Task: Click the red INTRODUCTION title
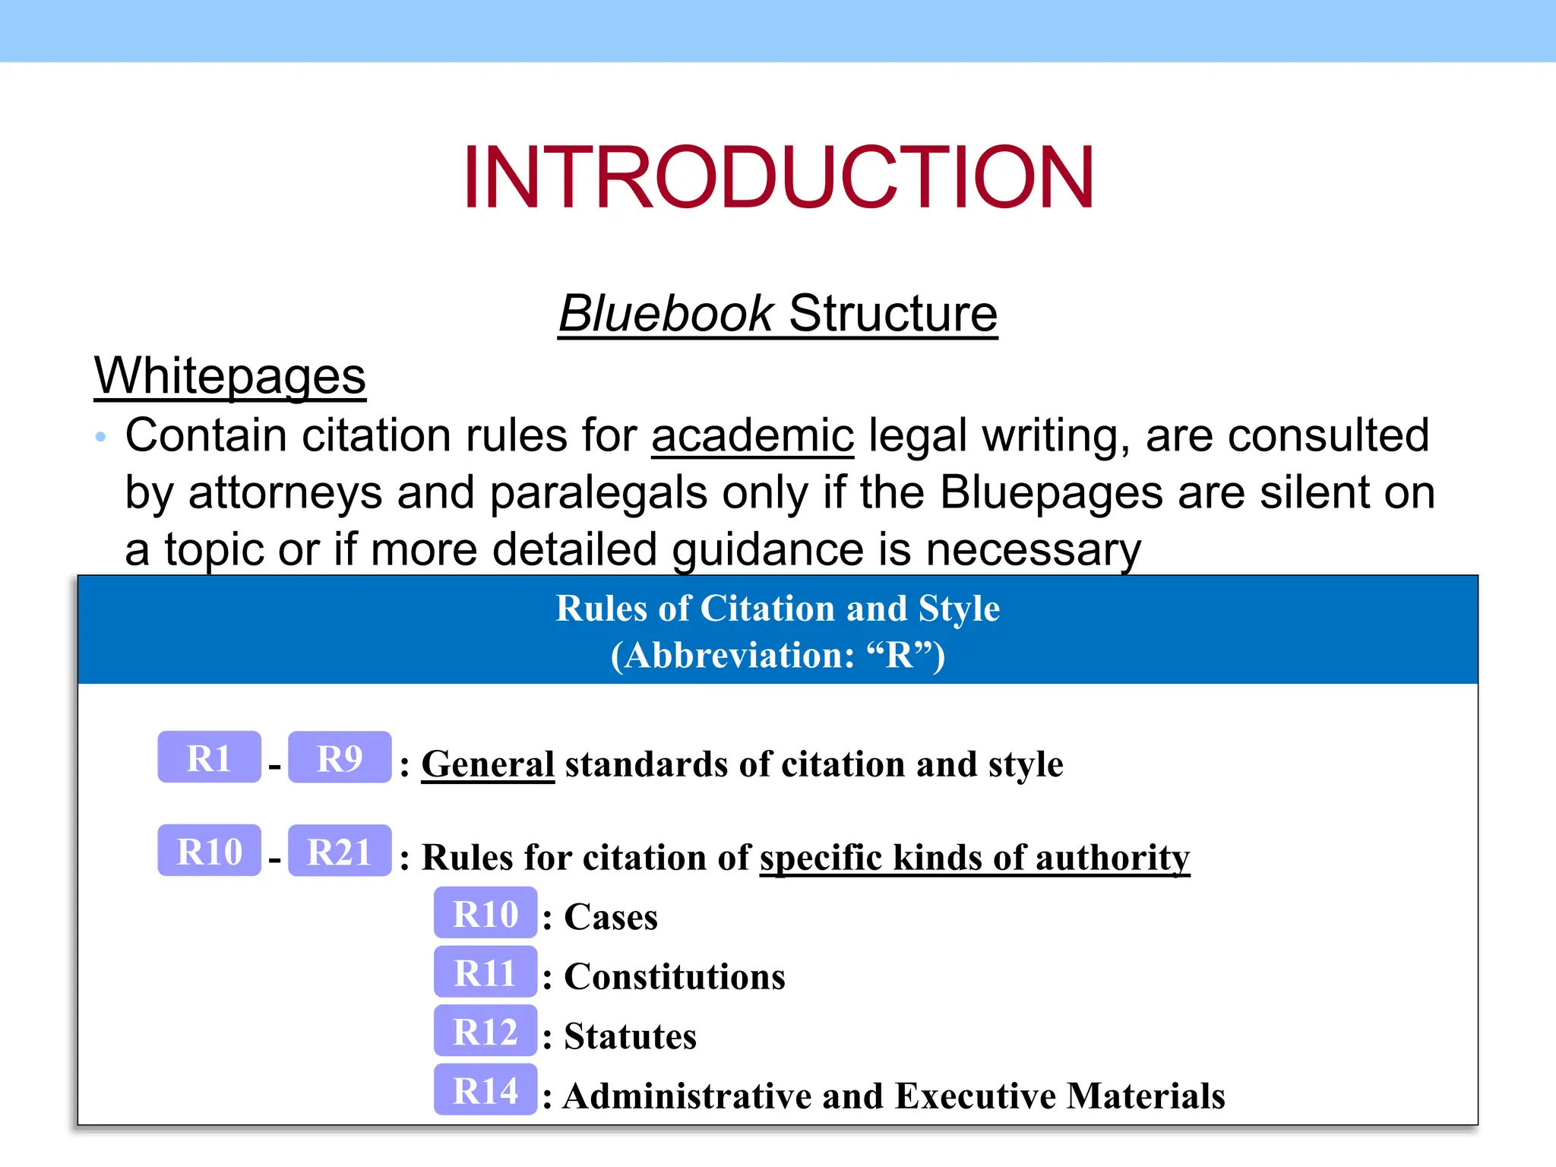(x=778, y=177)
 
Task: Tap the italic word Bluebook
(x=666, y=313)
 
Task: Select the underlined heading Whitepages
(x=229, y=375)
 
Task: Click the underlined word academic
(x=752, y=435)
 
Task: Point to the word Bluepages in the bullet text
(x=1052, y=492)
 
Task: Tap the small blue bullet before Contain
(x=100, y=437)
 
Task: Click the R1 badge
(x=209, y=757)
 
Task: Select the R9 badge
(x=340, y=757)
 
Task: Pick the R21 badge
(x=340, y=851)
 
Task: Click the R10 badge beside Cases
(x=485, y=913)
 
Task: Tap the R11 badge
(x=485, y=972)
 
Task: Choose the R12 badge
(x=485, y=1032)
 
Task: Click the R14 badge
(x=485, y=1091)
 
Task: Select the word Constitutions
(x=674, y=976)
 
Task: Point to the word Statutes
(x=630, y=1036)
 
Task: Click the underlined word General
(x=488, y=764)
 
